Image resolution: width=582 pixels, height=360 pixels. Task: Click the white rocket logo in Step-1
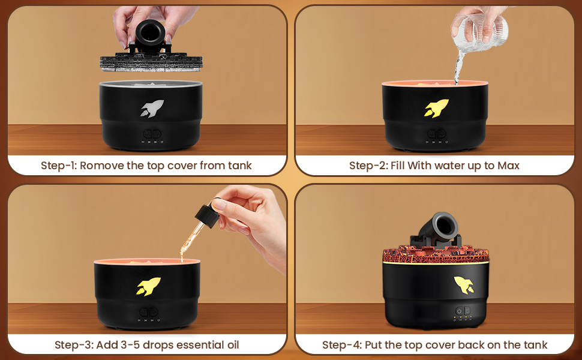152,109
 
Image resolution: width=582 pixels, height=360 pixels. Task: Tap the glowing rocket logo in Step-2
437,108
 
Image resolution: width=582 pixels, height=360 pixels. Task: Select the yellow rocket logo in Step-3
148,287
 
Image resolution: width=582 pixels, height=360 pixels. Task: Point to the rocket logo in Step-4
464,285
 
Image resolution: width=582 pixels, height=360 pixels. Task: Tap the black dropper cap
207,215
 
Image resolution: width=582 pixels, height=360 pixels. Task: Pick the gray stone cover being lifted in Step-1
151,62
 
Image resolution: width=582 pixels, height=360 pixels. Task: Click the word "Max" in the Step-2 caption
508,166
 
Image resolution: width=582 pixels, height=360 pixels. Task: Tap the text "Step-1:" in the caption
59,166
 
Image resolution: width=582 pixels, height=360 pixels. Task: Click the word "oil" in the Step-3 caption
233,345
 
